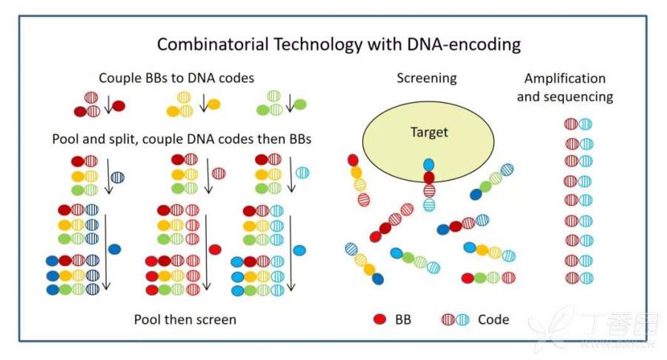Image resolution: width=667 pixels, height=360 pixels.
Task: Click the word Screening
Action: [x=426, y=78]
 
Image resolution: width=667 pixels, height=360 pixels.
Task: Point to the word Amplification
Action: [x=565, y=79]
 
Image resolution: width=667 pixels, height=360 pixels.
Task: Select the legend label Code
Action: [x=494, y=319]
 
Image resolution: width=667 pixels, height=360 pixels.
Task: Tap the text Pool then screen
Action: [x=185, y=319]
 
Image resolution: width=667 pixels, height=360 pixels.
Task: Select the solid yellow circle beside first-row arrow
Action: [x=213, y=105]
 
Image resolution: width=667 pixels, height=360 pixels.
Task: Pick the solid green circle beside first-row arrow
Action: [x=302, y=105]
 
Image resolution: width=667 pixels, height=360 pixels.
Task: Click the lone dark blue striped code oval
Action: [x=117, y=177]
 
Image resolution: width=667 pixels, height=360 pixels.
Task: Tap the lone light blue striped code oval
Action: [x=302, y=173]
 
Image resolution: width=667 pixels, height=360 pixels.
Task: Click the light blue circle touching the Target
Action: [x=428, y=164]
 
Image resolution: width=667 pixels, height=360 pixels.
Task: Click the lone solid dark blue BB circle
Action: [x=115, y=249]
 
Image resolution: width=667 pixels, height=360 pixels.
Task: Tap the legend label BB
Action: [x=402, y=319]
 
